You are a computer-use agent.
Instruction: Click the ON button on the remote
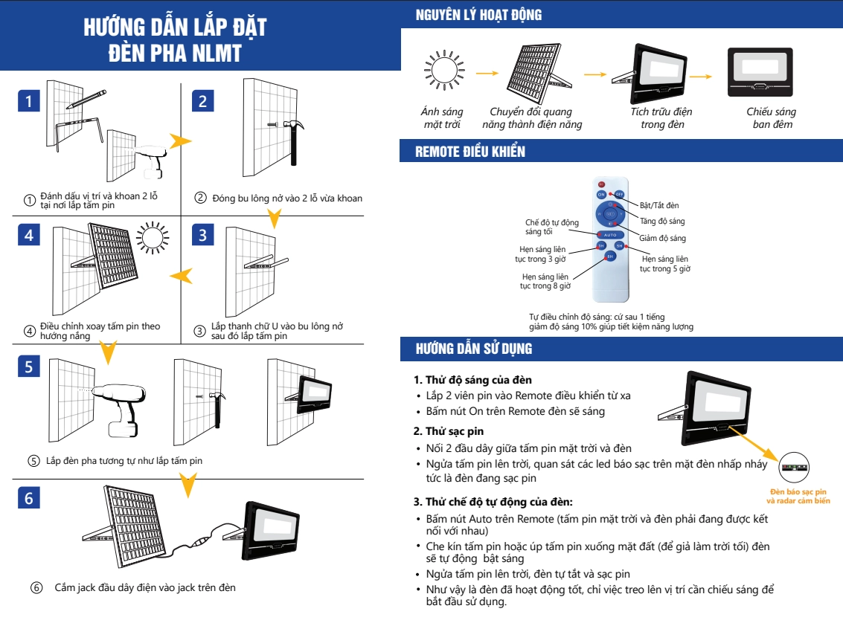coord(601,194)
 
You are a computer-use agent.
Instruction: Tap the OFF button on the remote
coord(619,194)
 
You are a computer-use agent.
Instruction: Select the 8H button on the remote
coord(610,256)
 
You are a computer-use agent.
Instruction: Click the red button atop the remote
coord(601,184)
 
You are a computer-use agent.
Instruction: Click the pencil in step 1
coord(92,97)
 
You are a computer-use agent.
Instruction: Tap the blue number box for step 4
coord(28,234)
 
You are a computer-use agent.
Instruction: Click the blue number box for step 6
coord(28,497)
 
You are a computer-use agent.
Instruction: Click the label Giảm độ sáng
coord(662,238)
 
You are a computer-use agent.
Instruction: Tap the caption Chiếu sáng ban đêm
coord(771,117)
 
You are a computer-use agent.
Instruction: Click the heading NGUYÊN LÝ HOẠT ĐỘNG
coord(478,15)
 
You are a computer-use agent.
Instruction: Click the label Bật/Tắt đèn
coord(659,204)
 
